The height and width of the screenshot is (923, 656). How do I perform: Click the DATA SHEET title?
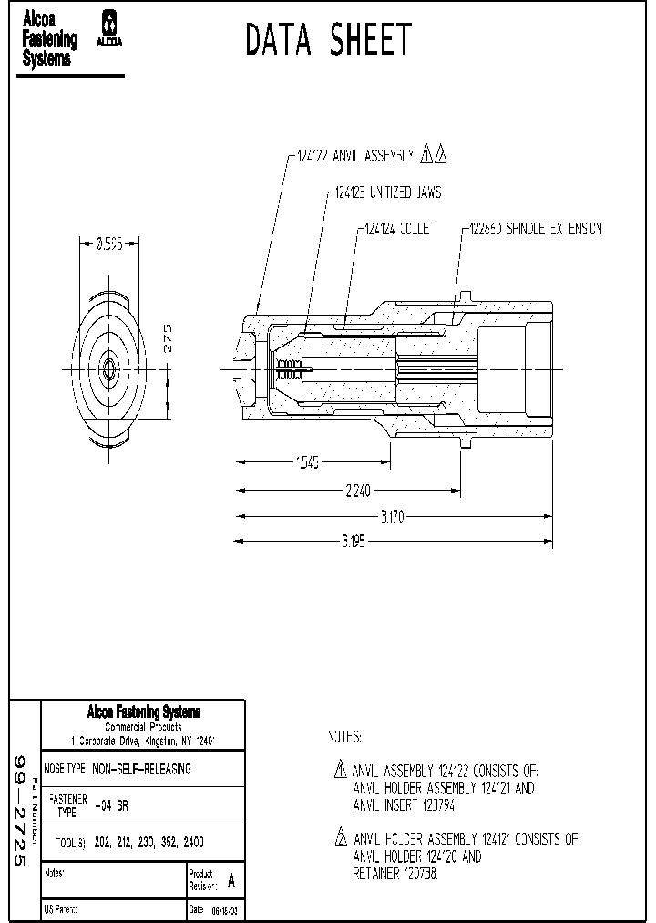pyautogui.click(x=329, y=41)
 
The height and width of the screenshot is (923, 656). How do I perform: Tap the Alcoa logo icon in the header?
pyautogui.click(x=110, y=28)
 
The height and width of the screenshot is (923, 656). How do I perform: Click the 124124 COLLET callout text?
pyautogui.click(x=401, y=229)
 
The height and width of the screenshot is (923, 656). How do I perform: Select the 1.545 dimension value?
pyautogui.click(x=307, y=463)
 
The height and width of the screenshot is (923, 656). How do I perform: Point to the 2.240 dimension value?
pyautogui.click(x=358, y=491)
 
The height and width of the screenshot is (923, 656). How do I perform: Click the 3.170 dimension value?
pyautogui.click(x=392, y=517)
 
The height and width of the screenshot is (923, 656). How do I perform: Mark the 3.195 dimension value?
pyautogui.click(x=353, y=542)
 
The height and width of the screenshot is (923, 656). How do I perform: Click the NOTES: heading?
pyautogui.click(x=344, y=736)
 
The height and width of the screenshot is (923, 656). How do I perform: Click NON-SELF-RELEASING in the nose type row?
pyautogui.click(x=141, y=769)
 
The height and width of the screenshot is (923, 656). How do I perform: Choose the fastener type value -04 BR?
pyautogui.click(x=111, y=805)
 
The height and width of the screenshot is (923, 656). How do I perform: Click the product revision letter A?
pyautogui.click(x=231, y=881)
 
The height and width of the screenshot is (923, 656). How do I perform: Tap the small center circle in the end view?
pyautogui.click(x=108, y=368)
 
